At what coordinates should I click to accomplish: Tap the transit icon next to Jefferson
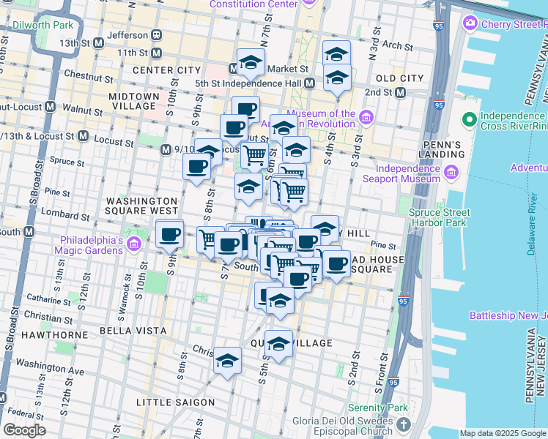pyautogui.click(x=157, y=34)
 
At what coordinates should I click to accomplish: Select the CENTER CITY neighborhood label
pyautogui.click(x=166, y=70)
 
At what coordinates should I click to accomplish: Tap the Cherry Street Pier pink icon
pyautogui.click(x=470, y=23)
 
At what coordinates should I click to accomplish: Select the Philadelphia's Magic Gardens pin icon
pyautogui.click(x=133, y=243)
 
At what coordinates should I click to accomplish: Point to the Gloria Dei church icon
pyautogui.click(x=402, y=424)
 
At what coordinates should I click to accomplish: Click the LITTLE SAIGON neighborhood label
pyautogui.click(x=176, y=402)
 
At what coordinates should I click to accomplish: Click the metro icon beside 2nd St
pyautogui.click(x=400, y=92)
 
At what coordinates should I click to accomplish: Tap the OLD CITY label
pyautogui.click(x=399, y=78)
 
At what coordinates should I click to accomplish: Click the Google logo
pyautogui.click(x=24, y=429)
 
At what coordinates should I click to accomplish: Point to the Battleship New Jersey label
pyautogui.click(x=509, y=315)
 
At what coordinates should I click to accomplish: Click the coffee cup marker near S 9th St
pyautogui.click(x=170, y=235)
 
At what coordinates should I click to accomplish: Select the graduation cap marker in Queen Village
pyautogui.click(x=278, y=343)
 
